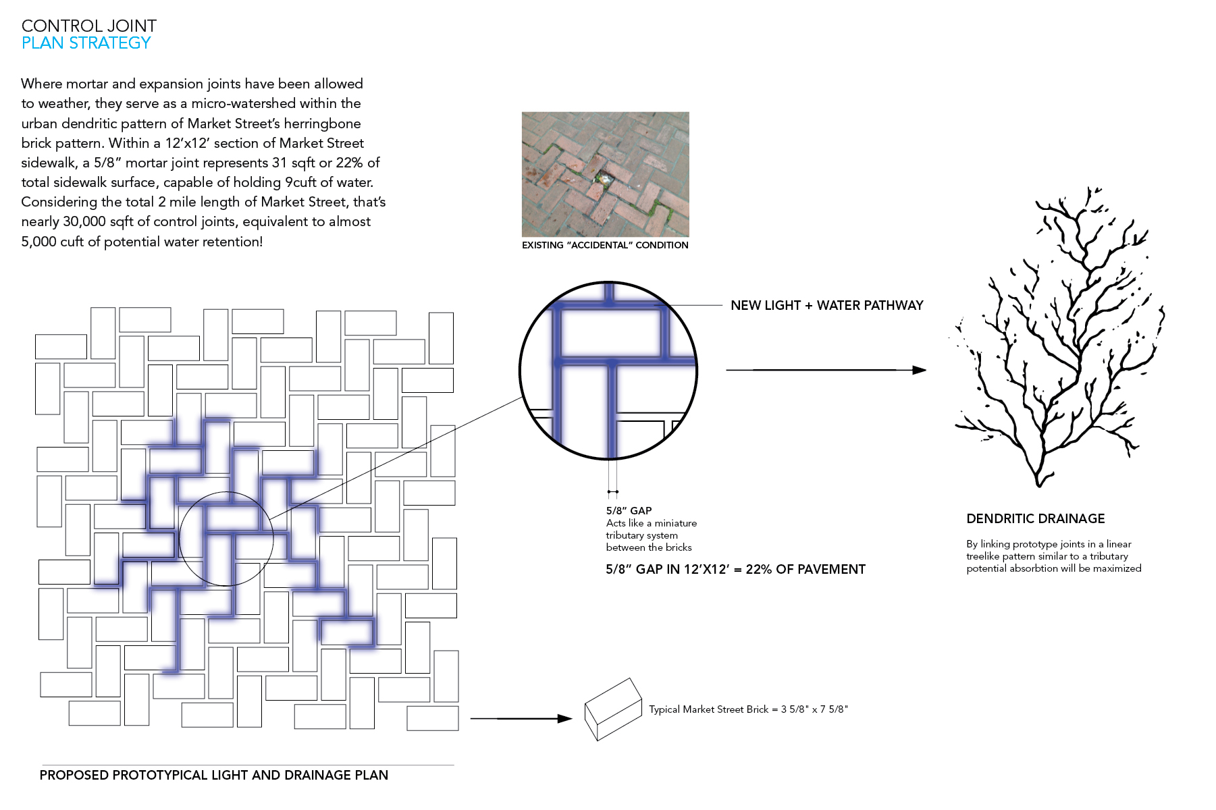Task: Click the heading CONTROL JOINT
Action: pyautogui.click(x=89, y=26)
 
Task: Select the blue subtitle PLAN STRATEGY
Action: pyautogui.click(x=86, y=43)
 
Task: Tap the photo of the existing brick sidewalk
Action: pyautogui.click(x=605, y=174)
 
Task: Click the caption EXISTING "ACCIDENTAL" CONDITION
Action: pyautogui.click(x=605, y=245)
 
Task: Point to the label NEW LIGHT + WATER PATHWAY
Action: pyautogui.click(x=827, y=305)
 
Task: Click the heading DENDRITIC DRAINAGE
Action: pyautogui.click(x=1036, y=518)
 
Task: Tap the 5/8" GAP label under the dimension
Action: pyautogui.click(x=629, y=511)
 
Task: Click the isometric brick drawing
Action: pyautogui.click(x=613, y=709)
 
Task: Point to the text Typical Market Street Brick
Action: pyautogui.click(x=709, y=709)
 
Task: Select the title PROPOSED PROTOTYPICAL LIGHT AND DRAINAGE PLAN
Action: pyautogui.click(x=214, y=775)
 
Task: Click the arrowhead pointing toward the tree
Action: pyautogui.click(x=919, y=370)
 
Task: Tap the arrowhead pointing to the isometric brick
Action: pyautogui.click(x=565, y=719)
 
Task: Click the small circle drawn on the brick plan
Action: pyautogui.click(x=180, y=539)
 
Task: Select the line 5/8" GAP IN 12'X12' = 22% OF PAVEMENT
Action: pyautogui.click(x=735, y=569)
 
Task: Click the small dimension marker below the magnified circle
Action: pyautogui.click(x=612, y=491)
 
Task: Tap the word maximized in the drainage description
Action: pyautogui.click(x=1115, y=568)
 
